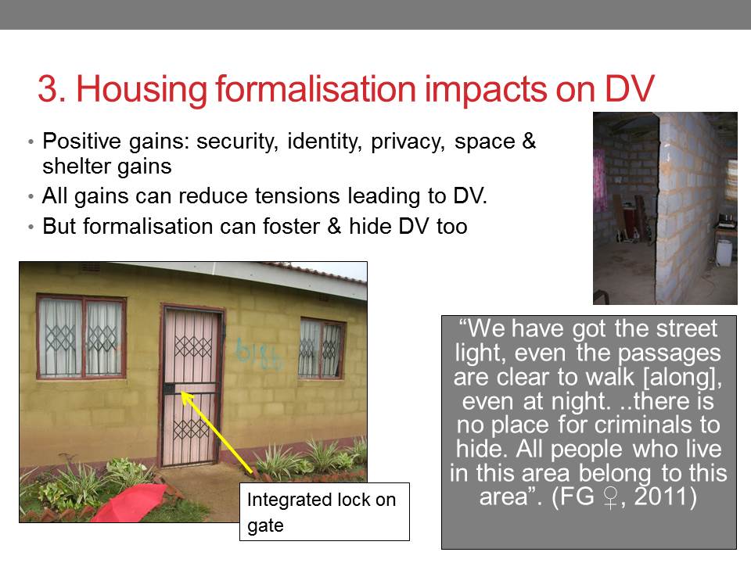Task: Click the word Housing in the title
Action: pos(142,89)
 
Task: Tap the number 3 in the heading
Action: pos(47,88)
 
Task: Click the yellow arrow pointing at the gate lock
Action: pos(217,432)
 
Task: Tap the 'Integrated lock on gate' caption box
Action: pos(324,511)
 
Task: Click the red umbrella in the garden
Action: pos(129,503)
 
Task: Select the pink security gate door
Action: pos(192,387)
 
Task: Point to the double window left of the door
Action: pos(81,337)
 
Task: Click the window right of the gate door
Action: pos(321,348)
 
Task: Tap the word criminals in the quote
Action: pos(637,425)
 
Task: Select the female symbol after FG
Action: pos(610,498)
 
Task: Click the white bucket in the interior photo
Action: pos(724,253)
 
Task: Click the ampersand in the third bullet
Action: pos(334,226)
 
